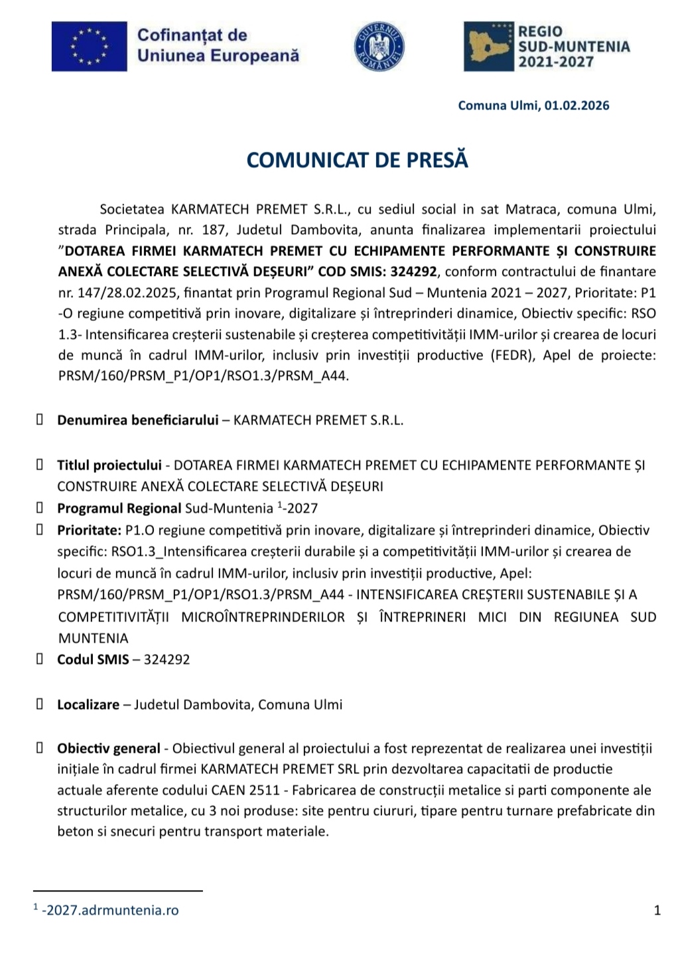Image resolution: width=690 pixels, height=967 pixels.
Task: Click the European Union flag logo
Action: tap(89, 46)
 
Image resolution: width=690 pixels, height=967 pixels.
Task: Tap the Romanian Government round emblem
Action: tap(379, 46)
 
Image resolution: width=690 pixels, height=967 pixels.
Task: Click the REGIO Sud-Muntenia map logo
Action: tap(489, 46)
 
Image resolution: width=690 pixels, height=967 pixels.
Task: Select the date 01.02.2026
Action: tap(577, 105)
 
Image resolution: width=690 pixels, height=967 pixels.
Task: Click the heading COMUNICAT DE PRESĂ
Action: tap(358, 160)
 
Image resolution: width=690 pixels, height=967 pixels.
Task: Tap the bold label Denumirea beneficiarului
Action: tap(137, 420)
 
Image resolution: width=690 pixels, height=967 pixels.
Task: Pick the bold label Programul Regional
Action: tap(119, 509)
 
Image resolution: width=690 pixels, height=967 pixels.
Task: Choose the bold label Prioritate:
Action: tap(89, 530)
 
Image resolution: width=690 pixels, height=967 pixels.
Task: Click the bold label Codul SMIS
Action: tap(93, 659)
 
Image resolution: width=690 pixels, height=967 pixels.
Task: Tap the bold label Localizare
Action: tap(88, 704)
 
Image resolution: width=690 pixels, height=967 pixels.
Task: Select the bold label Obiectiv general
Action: tap(108, 748)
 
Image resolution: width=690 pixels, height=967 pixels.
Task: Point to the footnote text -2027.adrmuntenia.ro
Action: tap(110, 910)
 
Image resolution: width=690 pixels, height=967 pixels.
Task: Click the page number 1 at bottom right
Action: tap(657, 910)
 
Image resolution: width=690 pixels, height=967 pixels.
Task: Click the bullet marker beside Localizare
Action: tap(40, 704)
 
